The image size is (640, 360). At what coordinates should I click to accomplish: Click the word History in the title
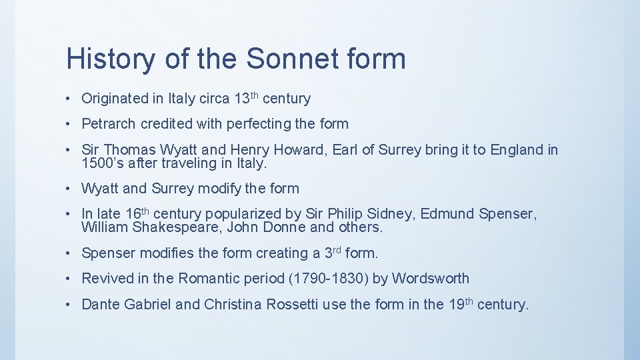(x=109, y=59)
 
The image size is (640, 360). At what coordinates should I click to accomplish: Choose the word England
(x=517, y=150)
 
